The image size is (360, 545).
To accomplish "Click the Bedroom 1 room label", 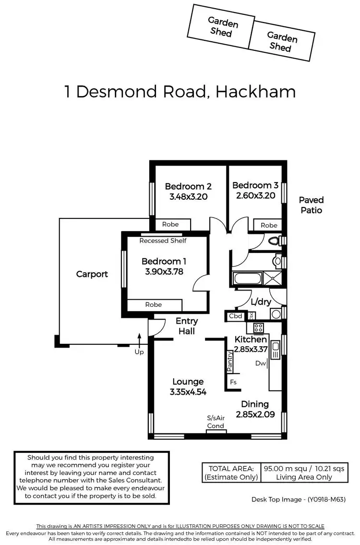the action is (164, 261).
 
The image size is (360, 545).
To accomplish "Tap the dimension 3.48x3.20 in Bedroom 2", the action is (188, 196).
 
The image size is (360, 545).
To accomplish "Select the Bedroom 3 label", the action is (255, 185).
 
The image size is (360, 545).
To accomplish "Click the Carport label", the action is (92, 274).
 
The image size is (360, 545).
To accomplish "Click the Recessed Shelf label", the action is (163, 241).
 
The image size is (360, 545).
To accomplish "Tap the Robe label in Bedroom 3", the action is (269, 225).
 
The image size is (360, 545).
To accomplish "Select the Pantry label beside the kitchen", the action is (230, 361).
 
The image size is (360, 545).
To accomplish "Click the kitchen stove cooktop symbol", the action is (258, 328).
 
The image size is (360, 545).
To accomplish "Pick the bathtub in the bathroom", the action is (246, 279).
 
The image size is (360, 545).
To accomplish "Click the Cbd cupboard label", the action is (235, 316).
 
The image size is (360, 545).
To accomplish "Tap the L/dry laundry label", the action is (261, 302).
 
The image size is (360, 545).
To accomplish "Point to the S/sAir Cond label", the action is (216, 422).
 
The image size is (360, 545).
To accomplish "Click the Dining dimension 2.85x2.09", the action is (255, 414).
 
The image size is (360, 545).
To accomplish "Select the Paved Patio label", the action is (311, 205).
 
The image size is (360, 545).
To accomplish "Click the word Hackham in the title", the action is (255, 91).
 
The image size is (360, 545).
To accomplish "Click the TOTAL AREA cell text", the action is (231, 468).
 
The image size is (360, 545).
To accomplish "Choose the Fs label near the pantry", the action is (234, 382).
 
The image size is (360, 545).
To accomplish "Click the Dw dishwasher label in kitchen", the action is (261, 363).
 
